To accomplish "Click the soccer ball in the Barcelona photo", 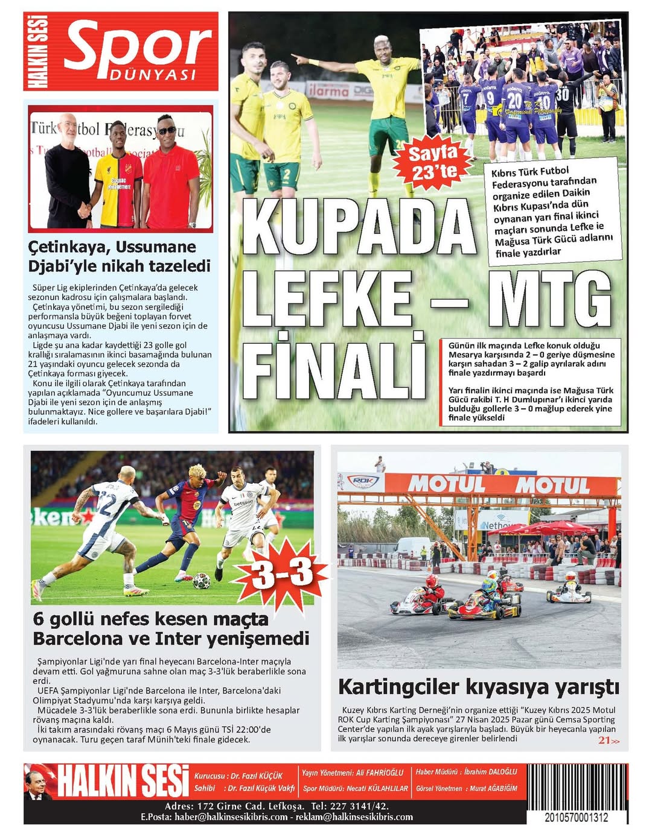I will (202, 581).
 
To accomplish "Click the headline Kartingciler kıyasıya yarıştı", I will (478, 687).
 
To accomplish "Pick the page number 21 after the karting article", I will (604, 740).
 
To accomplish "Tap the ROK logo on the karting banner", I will (362, 481).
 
